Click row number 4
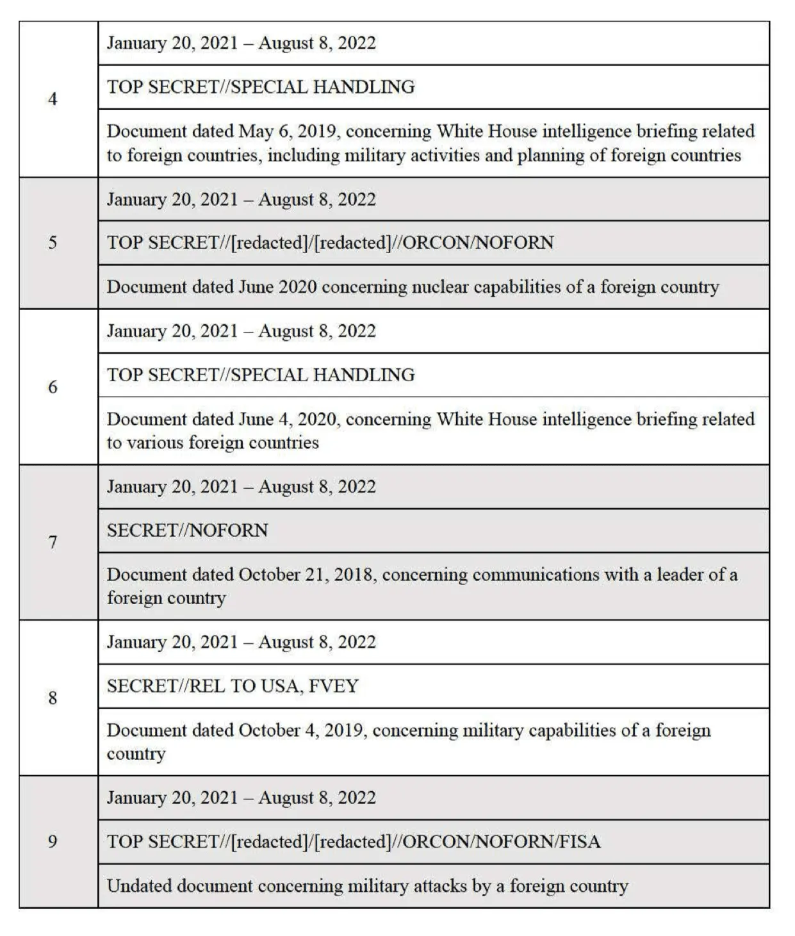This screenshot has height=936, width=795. (x=53, y=99)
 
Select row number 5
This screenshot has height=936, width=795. (x=53, y=242)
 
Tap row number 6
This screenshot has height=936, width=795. (x=53, y=386)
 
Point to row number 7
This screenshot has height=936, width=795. (x=53, y=542)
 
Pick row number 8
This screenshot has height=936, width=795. (x=53, y=698)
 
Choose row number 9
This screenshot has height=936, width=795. (x=53, y=841)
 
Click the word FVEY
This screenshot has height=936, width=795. (x=333, y=686)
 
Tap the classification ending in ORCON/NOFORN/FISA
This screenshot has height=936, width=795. (x=354, y=842)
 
